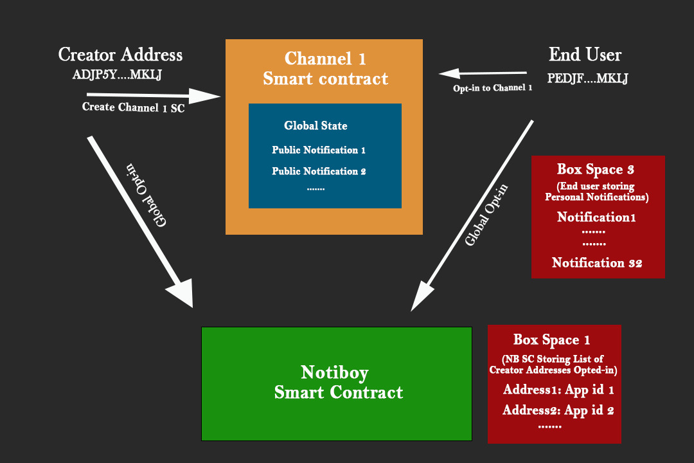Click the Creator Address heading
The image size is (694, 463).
(120, 55)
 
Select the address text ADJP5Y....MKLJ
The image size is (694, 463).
(117, 74)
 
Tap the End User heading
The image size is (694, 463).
(585, 55)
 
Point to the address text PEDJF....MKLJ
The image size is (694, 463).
(587, 79)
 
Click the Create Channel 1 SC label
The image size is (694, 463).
(133, 107)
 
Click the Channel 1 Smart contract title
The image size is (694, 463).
(325, 69)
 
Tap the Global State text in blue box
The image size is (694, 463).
(316, 126)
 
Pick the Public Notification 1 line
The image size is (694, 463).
(318, 150)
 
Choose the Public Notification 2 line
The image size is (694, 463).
(318, 171)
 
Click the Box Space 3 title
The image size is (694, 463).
(595, 170)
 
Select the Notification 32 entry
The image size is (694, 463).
(597, 262)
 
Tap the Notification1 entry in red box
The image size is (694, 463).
(596, 217)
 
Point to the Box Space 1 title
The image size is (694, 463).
(551, 340)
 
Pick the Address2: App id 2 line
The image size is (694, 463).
(558, 410)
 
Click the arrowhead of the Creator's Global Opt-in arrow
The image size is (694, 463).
(182, 293)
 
